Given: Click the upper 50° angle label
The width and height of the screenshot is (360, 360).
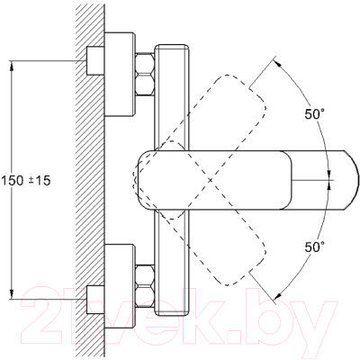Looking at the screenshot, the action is pyautogui.click(x=315, y=114).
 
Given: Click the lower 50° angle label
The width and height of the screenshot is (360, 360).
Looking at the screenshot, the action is pyautogui.click(x=315, y=247).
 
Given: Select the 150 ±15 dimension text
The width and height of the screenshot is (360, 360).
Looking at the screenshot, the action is pyautogui.click(x=26, y=181).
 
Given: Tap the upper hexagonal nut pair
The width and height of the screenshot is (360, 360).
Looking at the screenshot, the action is pyautogui.click(x=145, y=75).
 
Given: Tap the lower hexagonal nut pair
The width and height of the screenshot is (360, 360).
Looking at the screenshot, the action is pyautogui.click(x=145, y=286).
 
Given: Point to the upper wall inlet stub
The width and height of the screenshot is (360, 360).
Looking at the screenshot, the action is pyautogui.click(x=95, y=60).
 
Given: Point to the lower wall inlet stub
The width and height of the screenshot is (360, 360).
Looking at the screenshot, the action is pyautogui.click(x=95, y=300).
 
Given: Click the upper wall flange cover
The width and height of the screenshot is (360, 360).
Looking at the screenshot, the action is pyautogui.click(x=120, y=74).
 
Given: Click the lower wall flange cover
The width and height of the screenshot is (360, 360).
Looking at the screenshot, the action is pyautogui.click(x=120, y=286).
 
